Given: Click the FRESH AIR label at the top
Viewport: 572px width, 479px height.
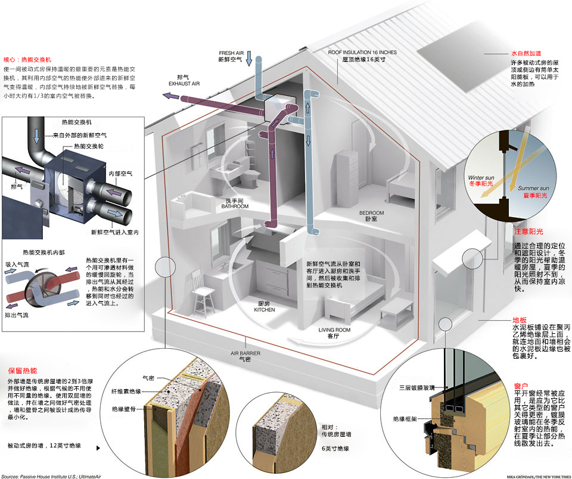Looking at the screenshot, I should [x=231, y=53].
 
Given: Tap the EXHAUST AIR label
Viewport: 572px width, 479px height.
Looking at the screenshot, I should [x=184, y=84].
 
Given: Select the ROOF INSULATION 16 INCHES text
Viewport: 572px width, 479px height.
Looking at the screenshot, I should [x=362, y=52].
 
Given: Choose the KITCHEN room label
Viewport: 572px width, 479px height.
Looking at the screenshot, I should [x=264, y=310].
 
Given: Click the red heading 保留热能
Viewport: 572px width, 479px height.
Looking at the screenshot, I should [x=23, y=370].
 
